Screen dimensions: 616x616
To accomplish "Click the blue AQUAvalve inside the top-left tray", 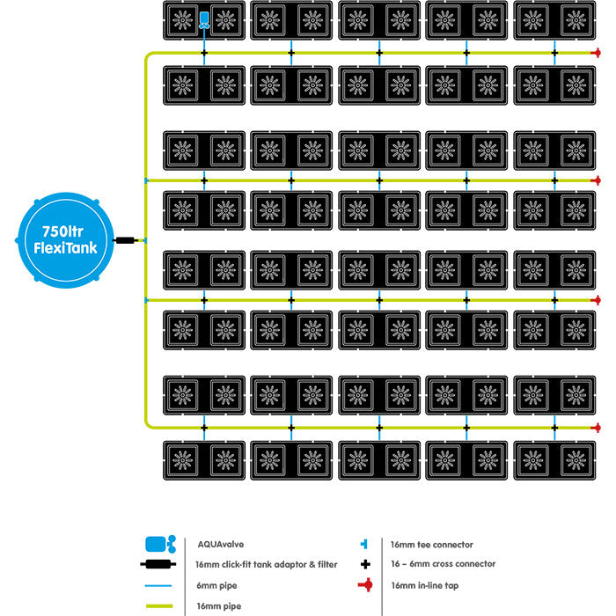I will pyautogui.click(x=204, y=19).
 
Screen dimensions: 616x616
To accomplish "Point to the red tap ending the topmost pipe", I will pyautogui.click(x=597, y=54).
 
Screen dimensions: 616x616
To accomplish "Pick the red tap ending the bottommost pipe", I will pyautogui.click(x=597, y=429).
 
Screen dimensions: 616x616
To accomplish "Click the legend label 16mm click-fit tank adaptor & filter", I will pyautogui.click(x=264, y=564).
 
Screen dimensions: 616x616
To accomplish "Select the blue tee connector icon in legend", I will pyautogui.click(x=363, y=545).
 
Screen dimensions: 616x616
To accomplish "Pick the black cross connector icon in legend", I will pyautogui.click(x=363, y=564).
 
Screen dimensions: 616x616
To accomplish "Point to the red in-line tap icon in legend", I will pyautogui.click(x=363, y=584).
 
